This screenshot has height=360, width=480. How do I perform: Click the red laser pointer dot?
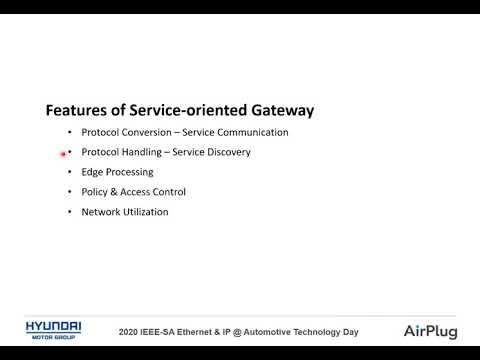point(64,154)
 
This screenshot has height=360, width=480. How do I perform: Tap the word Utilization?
point(145,212)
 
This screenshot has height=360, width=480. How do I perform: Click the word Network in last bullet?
point(100,212)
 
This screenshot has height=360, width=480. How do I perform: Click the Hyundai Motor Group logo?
point(53,331)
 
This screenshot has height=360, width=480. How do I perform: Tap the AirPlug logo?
point(432,331)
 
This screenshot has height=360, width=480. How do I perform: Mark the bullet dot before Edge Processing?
point(69,172)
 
